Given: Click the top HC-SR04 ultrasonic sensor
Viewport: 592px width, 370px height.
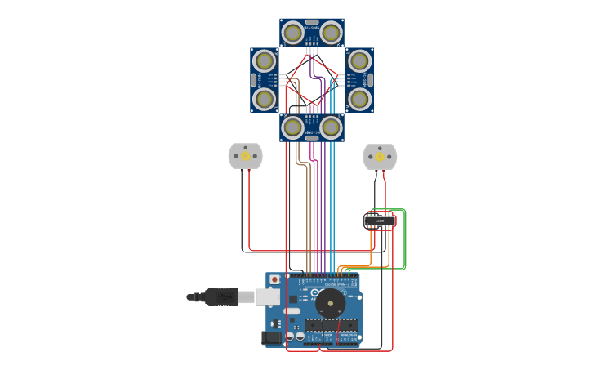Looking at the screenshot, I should tap(311, 33).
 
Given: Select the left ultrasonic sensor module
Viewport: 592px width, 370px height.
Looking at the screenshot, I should tap(264, 80).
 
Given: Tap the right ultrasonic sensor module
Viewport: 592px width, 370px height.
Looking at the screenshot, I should tap(359, 80).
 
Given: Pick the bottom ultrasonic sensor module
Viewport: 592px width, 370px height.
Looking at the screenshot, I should tap(311, 127).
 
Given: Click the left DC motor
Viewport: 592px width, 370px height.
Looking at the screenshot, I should tap(245, 156).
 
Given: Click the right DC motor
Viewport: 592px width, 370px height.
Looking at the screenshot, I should tap(380, 156).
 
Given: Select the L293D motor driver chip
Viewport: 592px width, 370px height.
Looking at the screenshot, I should tap(380, 221).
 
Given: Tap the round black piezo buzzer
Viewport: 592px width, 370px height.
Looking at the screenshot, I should tap(331, 304).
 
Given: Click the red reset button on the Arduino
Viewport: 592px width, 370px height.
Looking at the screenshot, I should tap(274, 279).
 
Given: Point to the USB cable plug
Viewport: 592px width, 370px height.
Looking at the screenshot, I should tap(220, 296).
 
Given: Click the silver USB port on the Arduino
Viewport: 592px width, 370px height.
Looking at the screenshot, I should tap(267, 296).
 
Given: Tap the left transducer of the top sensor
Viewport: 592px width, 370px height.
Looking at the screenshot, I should tap(292, 33).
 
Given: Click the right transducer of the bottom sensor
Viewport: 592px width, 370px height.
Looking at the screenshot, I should tap(331, 127).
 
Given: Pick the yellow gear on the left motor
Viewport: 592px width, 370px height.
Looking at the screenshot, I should tap(245, 156).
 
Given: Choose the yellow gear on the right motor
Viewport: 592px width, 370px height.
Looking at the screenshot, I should tap(380, 156).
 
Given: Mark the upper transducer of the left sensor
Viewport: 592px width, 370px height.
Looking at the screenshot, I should tap(264, 60).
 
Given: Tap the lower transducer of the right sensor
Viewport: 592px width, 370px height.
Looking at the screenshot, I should tap(359, 99).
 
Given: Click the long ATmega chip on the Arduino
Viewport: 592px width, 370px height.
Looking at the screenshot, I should tap(331, 325).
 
